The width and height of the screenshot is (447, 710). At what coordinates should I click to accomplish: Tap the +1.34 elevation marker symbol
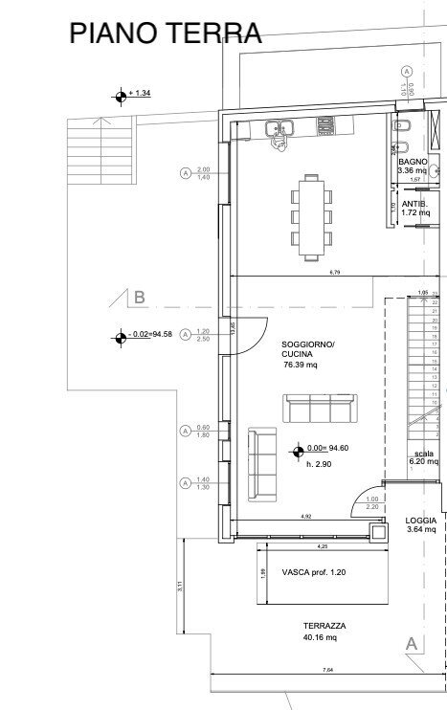121,94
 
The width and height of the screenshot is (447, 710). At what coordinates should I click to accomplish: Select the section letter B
139,298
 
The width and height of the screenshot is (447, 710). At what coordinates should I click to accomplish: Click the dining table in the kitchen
311,216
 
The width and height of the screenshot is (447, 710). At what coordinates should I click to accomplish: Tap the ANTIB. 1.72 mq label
414,209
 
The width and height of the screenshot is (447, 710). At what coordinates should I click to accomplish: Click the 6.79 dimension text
335,275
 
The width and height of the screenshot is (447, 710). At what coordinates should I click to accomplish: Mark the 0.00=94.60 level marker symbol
299,448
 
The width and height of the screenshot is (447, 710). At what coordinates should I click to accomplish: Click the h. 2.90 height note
319,463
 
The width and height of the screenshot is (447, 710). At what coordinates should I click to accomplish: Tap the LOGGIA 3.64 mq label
421,524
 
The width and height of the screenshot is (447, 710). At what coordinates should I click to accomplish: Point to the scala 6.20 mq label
422,457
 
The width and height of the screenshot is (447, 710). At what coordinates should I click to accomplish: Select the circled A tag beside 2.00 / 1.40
184,173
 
